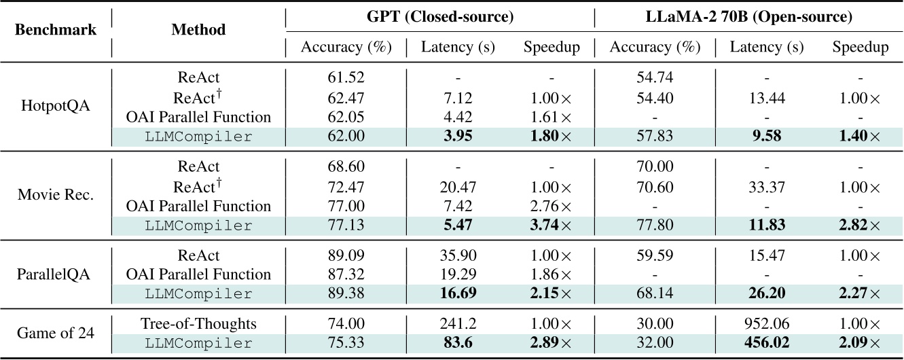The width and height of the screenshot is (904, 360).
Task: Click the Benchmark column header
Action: [x=56, y=31]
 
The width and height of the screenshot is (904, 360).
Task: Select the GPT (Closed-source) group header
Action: [x=439, y=15]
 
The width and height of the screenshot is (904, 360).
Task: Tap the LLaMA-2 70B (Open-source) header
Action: [x=748, y=15]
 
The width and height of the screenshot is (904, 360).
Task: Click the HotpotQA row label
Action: [x=56, y=107]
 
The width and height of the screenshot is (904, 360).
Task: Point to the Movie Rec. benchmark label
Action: [x=56, y=196]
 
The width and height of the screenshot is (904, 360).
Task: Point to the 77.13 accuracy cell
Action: [x=346, y=224]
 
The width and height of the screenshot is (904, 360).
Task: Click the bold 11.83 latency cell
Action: [x=766, y=224]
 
